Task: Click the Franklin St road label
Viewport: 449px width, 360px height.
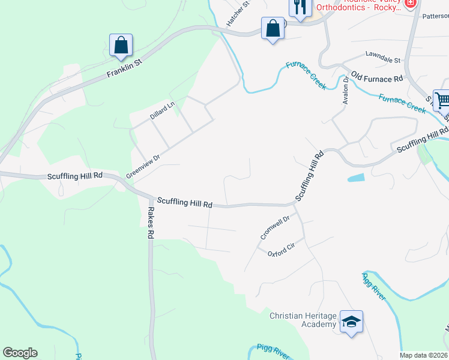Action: (124, 68)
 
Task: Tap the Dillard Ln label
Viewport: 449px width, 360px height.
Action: (162, 110)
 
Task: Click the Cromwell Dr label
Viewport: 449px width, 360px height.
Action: (275, 228)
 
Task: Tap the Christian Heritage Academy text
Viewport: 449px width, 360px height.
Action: (303, 320)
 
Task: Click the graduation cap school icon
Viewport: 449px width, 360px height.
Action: (351, 322)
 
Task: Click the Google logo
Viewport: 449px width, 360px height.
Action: (20, 353)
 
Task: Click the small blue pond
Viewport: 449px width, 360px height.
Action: (355, 178)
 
